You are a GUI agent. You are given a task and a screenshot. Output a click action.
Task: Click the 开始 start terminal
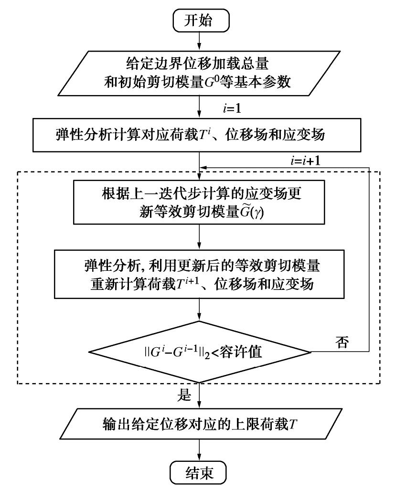click(x=198, y=21)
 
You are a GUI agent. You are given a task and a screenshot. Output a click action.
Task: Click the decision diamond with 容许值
click(x=198, y=353)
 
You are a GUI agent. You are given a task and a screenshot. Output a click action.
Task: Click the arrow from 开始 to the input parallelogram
click(x=198, y=44)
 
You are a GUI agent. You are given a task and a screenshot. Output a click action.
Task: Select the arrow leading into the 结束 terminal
click(x=198, y=448)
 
